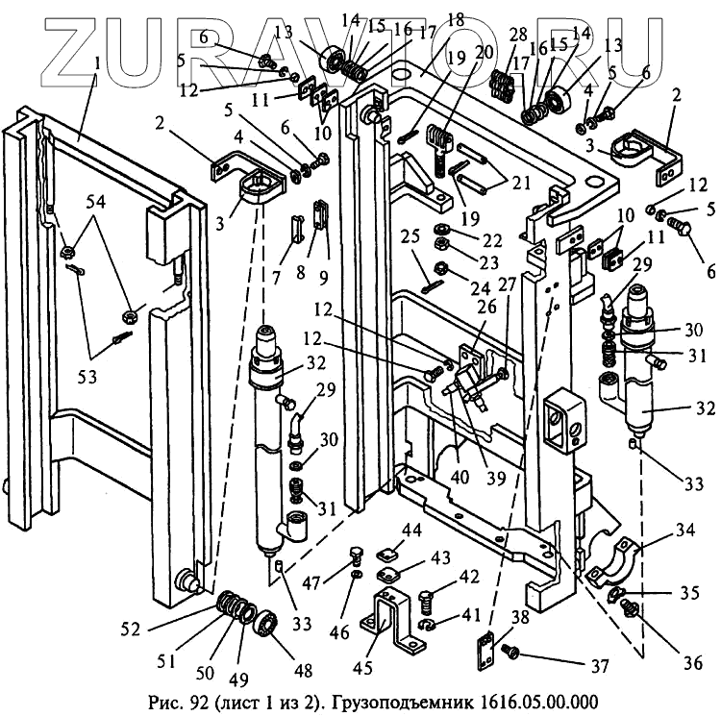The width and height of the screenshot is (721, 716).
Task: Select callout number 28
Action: (x=518, y=36)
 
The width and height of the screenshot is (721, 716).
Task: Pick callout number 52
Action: (x=131, y=630)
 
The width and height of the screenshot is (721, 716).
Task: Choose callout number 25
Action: (x=410, y=236)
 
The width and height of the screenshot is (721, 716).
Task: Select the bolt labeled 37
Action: (x=512, y=654)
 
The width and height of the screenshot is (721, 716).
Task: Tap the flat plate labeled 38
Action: (x=485, y=651)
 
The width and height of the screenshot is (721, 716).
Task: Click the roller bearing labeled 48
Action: (x=265, y=630)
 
